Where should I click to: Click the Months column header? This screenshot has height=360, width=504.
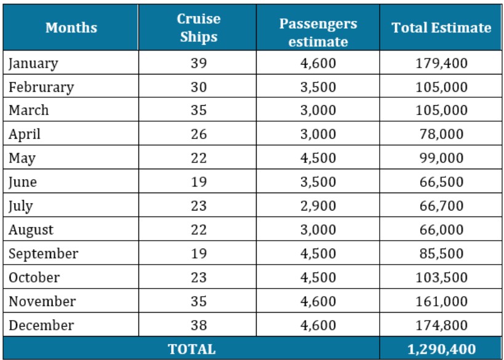[71, 28]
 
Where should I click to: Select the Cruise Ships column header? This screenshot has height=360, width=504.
[198, 28]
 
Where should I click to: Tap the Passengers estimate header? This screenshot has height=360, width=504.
[318, 32]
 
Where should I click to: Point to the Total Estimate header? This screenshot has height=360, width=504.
[441, 28]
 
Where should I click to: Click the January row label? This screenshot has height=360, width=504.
[33, 63]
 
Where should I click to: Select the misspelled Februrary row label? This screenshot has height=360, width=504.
[41, 87]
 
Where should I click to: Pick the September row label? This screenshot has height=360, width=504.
[43, 254]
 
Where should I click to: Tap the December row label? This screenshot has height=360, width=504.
[41, 325]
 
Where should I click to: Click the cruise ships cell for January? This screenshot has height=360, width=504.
[198, 63]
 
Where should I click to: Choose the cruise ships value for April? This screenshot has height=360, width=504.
[198, 134]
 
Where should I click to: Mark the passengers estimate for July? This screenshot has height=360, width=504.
[318, 206]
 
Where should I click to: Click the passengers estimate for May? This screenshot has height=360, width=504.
[318, 158]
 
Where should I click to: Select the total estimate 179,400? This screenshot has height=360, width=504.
[441, 63]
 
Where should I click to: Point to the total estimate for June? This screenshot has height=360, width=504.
[441, 182]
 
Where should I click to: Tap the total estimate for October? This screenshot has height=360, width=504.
[441, 278]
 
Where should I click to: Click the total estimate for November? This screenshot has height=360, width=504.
[441, 302]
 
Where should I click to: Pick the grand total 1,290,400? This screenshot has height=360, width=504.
[441, 349]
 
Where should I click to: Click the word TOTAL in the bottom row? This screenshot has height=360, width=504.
[192, 349]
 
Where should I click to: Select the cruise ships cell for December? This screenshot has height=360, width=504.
[198, 325]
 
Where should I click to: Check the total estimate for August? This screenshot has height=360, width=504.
[441, 230]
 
